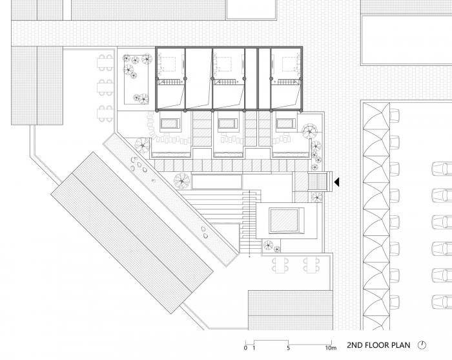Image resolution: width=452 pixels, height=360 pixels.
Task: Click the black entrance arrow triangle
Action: (336, 182)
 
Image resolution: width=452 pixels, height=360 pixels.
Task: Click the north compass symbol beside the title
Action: (422, 344)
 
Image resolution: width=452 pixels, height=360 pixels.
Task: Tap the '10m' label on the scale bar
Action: (331, 348)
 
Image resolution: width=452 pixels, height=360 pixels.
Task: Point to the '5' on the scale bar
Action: (288, 348)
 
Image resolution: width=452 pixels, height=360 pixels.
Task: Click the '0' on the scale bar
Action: (245, 348)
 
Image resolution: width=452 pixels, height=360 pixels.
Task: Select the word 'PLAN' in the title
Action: (400, 345)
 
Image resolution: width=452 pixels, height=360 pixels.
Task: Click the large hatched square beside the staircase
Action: (284, 221)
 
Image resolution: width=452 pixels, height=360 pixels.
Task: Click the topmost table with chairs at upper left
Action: (105, 62)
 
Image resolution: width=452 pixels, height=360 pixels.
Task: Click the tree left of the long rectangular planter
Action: (182, 180)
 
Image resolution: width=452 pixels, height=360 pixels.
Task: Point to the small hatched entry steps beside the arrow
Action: (318, 182)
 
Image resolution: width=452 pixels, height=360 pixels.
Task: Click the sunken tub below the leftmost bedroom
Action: (170, 124)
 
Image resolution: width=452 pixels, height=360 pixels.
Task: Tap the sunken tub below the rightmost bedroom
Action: (286, 124)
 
